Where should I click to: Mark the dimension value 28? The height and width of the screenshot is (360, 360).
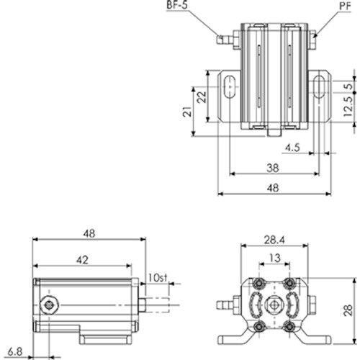point(348,310)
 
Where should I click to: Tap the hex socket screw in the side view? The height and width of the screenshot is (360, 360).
point(49,306)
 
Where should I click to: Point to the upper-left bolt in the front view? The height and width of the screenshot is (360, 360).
point(259,282)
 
